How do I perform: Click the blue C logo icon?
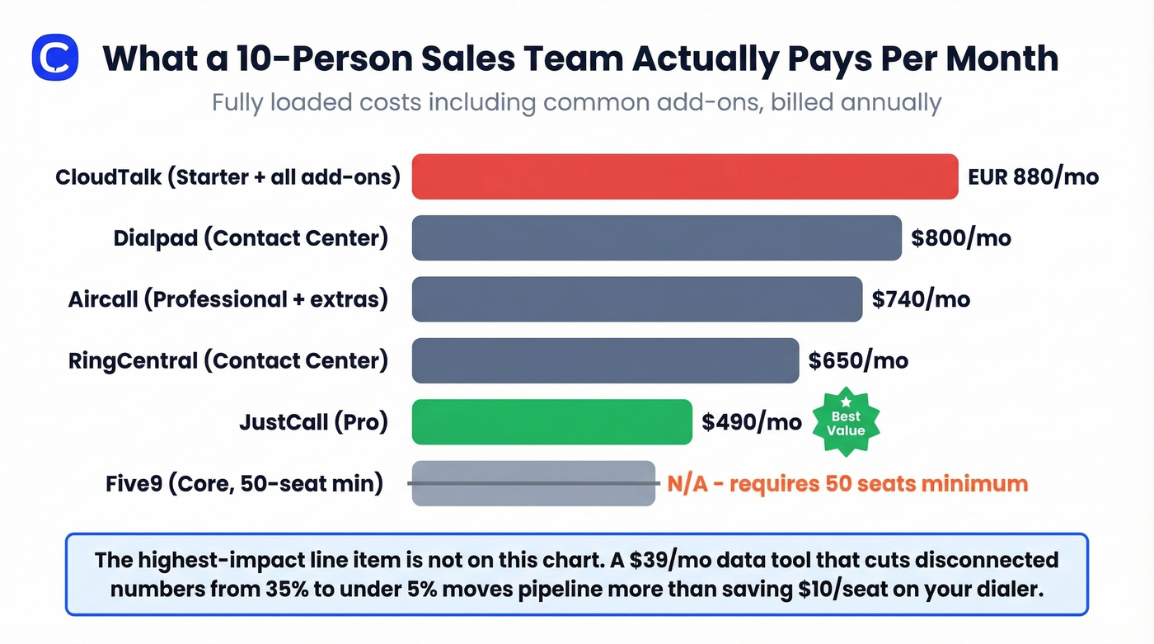click(55, 58)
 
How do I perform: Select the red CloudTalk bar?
click(684, 176)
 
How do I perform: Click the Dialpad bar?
click(656, 238)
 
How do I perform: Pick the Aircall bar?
click(636, 298)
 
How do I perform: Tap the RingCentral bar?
click(605, 360)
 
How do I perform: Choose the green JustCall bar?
click(551, 422)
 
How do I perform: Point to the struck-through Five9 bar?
click(533, 483)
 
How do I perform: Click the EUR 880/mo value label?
click(1033, 176)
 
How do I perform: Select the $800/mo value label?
click(960, 238)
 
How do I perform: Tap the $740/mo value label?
click(921, 298)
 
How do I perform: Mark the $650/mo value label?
click(858, 360)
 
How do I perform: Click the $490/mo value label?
click(751, 422)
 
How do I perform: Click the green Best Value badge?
click(846, 423)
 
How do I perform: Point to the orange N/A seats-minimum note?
click(847, 483)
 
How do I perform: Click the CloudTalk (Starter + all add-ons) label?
click(228, 177)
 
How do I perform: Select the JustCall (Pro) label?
click(313, 422)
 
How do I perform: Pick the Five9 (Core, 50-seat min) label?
click(244, 483)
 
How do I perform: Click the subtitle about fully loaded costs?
click(576, 103)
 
